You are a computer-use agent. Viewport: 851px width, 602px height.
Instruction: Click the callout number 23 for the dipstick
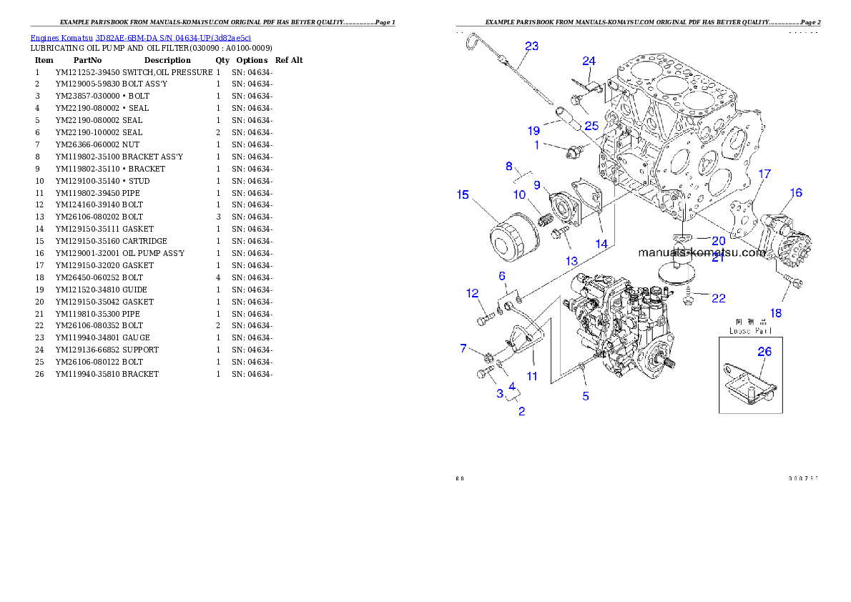pos(531,46)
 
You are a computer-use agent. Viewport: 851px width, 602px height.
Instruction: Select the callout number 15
pos(463,194)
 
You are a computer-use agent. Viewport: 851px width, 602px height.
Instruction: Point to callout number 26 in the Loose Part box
pos(764,352)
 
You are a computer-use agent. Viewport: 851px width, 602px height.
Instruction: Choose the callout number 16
pos(796,192)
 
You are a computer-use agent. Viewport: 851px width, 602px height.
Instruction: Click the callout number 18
pos(776,313)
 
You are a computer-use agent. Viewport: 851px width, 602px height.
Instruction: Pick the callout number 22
pos(719,297)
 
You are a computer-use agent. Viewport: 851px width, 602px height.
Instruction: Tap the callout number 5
pos(586,396)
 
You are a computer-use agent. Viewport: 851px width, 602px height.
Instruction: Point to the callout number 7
pos(463,348)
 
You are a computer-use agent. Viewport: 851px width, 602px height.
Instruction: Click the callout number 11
pos(531,375)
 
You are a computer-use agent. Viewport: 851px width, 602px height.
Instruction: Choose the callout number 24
pos(589,61)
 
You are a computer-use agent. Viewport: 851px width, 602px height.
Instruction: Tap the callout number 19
pos(533,131)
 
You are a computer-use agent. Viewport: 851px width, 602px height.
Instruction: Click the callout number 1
pos(536,144)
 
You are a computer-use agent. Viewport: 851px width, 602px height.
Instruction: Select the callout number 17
pos(764,174)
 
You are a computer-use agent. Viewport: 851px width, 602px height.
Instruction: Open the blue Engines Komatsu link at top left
pos(140,38)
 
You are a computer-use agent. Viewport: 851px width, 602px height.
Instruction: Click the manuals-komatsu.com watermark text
pos(701,252)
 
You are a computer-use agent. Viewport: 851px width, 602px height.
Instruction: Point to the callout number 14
pos(601,244)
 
